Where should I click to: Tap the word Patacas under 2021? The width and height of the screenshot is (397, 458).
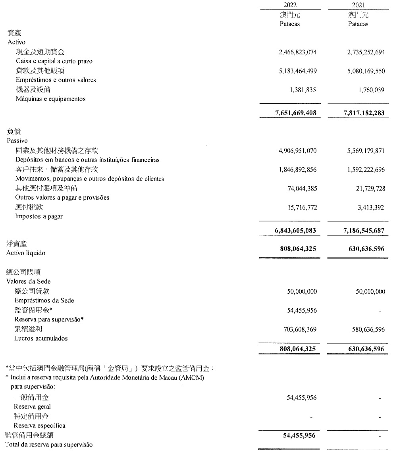358,24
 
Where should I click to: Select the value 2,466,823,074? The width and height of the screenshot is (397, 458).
298,52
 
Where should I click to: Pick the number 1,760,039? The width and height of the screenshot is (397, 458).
371,90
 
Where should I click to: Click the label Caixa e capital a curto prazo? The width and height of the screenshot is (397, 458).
54,61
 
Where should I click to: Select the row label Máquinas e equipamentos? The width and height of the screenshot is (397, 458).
50,99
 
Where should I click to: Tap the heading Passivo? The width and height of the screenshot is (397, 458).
17,140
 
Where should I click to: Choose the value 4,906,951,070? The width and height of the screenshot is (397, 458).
298,151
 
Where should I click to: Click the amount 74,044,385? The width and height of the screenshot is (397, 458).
302,189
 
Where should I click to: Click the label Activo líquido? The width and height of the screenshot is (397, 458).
26,253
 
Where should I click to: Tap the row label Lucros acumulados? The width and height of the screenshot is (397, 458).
41,338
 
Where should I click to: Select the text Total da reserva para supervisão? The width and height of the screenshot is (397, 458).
49,445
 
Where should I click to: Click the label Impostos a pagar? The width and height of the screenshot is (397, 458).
39,216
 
